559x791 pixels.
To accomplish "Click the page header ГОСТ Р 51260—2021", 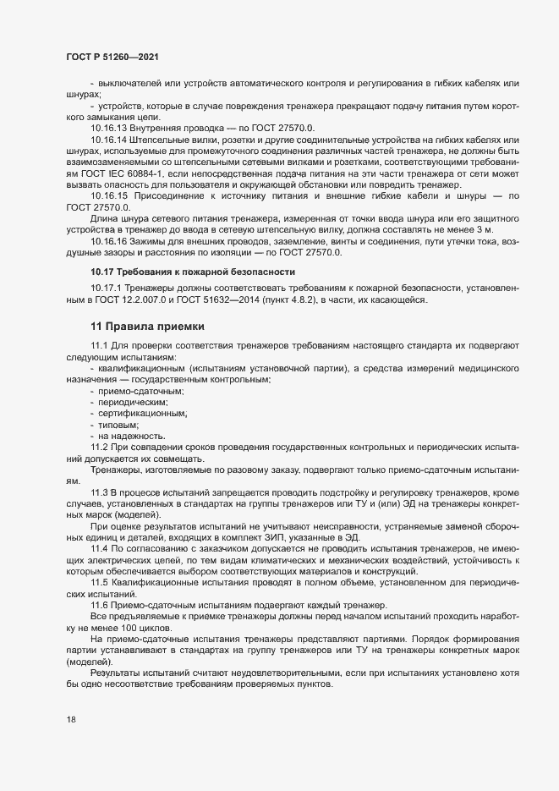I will (x=112, y=57).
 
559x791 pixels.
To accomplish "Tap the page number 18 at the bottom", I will (x=71, y=719).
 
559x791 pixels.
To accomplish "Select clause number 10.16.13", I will (x=109, y=128).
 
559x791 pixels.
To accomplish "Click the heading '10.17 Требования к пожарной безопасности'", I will (x=194, y=272).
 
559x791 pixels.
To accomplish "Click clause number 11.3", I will (x=101, y=491).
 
